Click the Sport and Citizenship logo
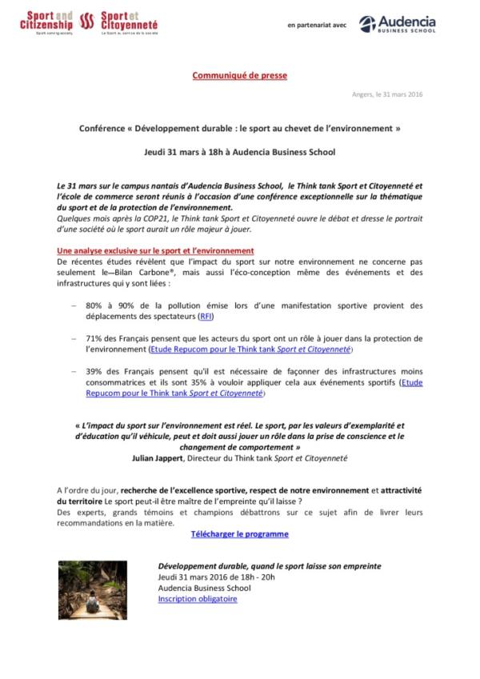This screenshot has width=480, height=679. coord(46,23)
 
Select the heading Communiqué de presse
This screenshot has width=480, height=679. coord(239,75)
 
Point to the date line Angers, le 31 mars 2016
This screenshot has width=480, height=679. coord(387,94)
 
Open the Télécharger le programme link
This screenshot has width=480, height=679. coord(239,533)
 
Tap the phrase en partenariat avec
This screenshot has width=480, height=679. coord(317,25)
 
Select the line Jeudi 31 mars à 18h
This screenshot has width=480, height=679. coord(240,151)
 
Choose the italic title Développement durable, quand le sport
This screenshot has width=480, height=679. coord(269,565)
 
